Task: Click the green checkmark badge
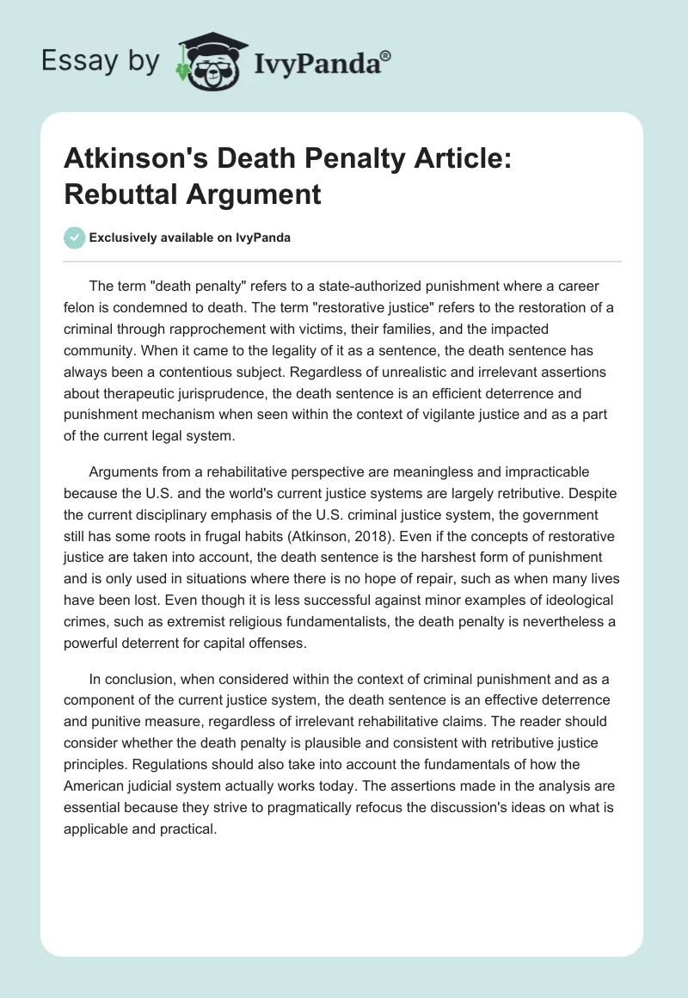tap(75, 237)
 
